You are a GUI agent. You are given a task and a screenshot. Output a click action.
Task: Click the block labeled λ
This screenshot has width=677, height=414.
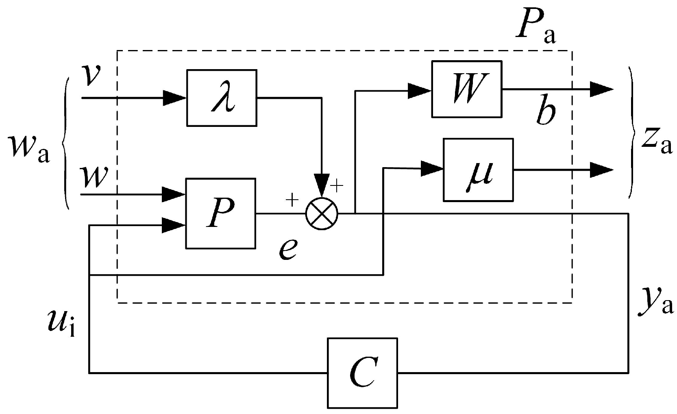tap(221, 98)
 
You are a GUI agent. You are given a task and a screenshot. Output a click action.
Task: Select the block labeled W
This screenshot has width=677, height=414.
tap(466, 89)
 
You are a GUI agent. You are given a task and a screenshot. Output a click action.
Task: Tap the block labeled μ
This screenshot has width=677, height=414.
tap(478, 170)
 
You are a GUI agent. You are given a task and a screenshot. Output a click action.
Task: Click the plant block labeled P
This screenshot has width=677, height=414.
tap(221, 213)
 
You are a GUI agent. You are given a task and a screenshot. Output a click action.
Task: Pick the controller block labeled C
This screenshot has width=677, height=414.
tap(362, 373)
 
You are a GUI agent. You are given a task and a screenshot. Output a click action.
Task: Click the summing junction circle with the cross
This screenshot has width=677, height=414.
tap(322, 214)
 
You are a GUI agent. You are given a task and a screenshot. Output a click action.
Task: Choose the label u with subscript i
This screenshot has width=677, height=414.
tap(61, 324)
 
